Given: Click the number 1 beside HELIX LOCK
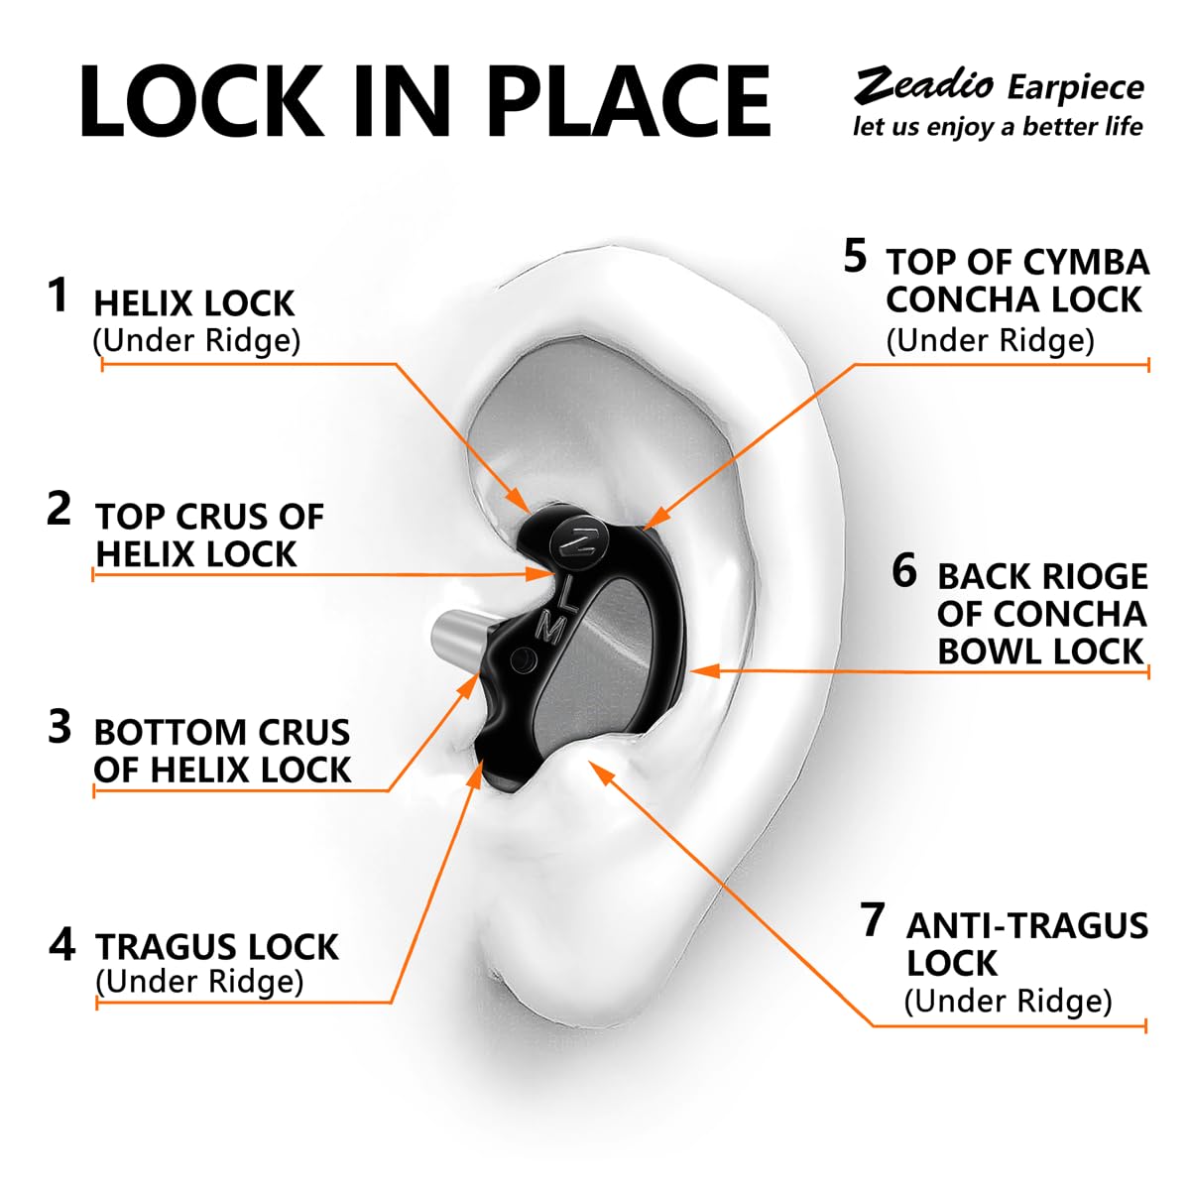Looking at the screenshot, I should [x=59, y=296].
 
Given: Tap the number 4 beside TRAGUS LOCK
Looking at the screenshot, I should [x=61, y=944].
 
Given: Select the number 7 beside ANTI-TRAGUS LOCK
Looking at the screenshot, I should [x=872, y=919].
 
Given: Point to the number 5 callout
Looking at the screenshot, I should [x=855, y=256].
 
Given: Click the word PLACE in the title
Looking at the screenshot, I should [x=630, y=101].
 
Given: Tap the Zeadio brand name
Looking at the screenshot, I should [x=923, y=85].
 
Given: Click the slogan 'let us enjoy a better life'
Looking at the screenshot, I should [x=998, y=127].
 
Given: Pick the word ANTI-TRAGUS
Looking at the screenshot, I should [x=1027, y=925].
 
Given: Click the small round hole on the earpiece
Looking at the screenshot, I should [x=521, y=659].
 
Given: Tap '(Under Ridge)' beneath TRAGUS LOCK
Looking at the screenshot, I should [x=199, y=981].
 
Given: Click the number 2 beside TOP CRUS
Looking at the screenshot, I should [x=59, y=509].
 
